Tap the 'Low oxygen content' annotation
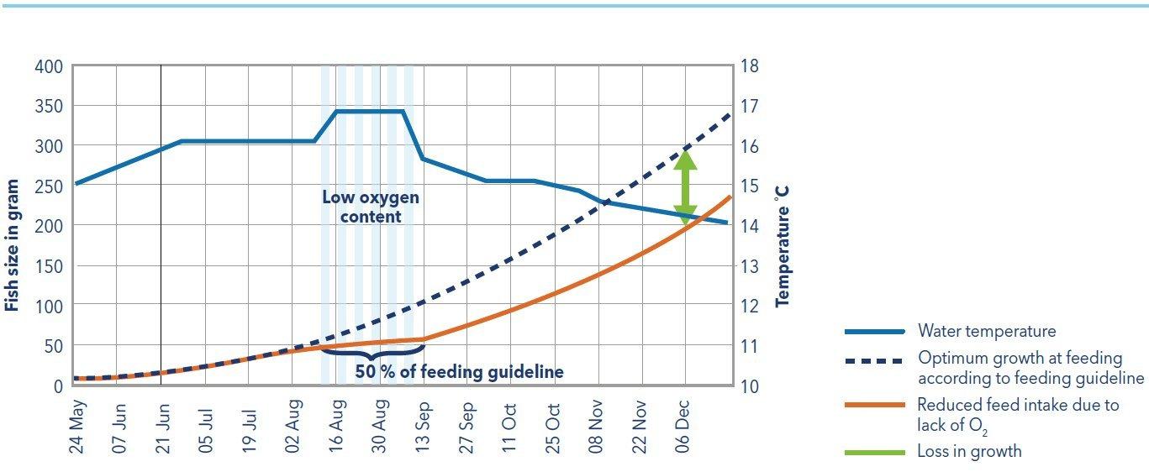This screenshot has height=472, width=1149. click(370, 207)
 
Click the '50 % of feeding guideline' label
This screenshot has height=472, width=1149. click(459, 371)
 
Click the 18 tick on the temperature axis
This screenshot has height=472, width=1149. click(748, 66)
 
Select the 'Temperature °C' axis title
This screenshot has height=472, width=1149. click(783, 244)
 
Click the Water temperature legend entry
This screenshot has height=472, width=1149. click(987, 331)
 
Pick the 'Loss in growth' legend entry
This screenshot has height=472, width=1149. click(969, 451)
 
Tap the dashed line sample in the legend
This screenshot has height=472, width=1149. click(874, 361)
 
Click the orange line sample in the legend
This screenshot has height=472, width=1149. click(874, 406)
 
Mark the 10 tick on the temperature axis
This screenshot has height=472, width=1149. click(748, 386)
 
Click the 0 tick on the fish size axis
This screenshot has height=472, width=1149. click(57, 386)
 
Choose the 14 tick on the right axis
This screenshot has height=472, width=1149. click(748, 226)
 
